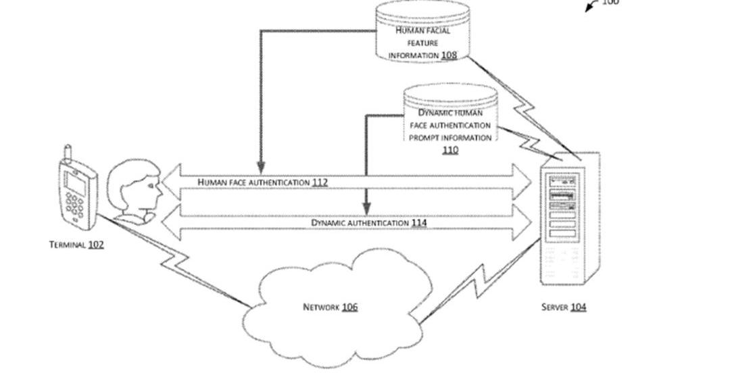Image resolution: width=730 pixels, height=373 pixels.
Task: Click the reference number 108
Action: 449,55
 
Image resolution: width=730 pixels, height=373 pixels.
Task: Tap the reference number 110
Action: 450,150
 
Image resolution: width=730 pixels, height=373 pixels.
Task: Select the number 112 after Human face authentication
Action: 320,182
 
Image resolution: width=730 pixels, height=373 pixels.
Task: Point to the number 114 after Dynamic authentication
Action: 419,222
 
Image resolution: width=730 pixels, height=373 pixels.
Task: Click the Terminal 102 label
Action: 76,245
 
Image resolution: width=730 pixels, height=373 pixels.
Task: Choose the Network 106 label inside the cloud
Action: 330,307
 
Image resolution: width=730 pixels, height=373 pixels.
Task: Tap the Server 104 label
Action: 564,307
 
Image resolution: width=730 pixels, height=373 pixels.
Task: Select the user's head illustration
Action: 137,189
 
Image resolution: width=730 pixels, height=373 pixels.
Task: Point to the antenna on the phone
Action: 68,153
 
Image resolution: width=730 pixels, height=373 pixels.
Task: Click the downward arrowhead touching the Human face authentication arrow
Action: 261,167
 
